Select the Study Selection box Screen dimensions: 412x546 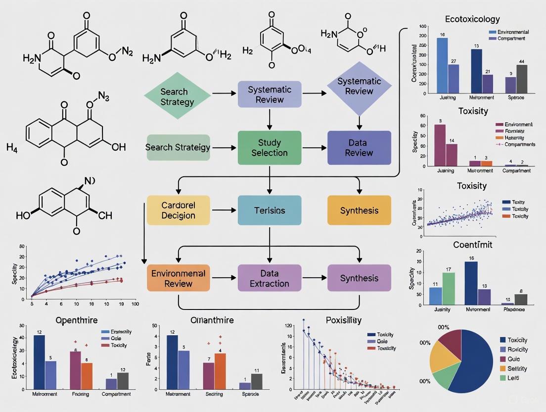269,148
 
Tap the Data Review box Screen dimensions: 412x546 359,148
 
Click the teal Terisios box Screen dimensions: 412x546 269,210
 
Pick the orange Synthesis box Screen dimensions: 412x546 359,210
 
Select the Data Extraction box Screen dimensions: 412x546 269,278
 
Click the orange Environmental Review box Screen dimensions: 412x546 178,278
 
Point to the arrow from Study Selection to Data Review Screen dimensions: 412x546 314,148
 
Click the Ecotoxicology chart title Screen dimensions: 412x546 472,19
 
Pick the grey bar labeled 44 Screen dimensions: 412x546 521,79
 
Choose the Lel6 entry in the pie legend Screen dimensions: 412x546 512,378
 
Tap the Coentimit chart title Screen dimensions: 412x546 472,244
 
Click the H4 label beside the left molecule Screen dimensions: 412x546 12,147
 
